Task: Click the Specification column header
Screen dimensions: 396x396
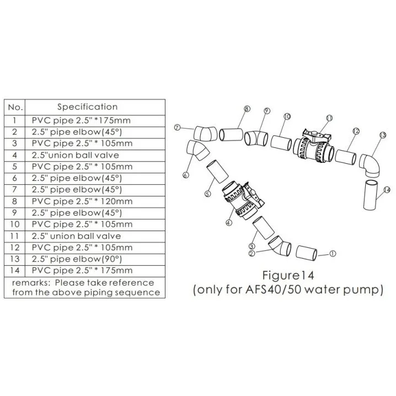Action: click(x=87, y=107)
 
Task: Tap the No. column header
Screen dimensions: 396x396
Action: click(x=15, y=108)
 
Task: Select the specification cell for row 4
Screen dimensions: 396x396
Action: click(x=75, y=155)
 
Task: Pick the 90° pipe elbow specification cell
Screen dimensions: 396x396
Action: click(x=77, y=259)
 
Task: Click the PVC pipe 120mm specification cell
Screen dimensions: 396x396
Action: click(x=82, y=201)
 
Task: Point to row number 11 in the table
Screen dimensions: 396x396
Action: click(x=15, y=236)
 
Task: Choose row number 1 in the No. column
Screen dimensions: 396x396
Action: click(x=15, y=120)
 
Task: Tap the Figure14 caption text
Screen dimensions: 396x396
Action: click(x=288, y=275)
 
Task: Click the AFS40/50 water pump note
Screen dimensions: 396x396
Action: click(x=288, y=290)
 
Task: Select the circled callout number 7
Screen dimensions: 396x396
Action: click(x=177, y=127)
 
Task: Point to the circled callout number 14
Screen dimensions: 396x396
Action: click(x=387, y=190)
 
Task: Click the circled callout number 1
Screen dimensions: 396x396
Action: click(x=333, y=254)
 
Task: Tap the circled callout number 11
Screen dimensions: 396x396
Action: click(x=329, y=118)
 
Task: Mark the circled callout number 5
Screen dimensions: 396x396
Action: click(x=207, y=194)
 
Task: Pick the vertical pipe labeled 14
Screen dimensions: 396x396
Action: click(x=370, y=195)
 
